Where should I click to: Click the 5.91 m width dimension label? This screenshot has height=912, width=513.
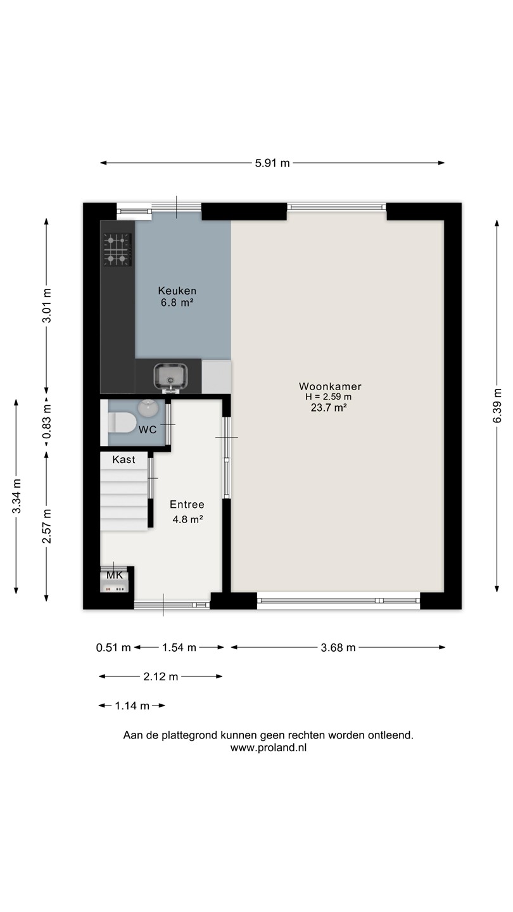coord(272,163)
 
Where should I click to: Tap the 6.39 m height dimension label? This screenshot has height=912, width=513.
coord(497,406)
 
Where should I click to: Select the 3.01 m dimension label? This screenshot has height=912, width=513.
coord(47,305)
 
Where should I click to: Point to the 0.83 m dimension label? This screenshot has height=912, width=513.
coord(47,421)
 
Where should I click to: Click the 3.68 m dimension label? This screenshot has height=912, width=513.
coord(338,648)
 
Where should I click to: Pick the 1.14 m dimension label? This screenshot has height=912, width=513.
coord(132,706)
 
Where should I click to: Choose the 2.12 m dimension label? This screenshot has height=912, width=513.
coord(160,676)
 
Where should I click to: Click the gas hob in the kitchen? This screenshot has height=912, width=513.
coord(118,250)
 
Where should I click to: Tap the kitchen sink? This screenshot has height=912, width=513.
coord(171,377)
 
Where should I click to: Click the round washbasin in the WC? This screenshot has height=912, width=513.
coord(148,408)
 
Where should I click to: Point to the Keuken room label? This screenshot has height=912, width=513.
coord(177,291)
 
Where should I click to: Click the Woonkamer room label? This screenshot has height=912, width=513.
coord(330,386)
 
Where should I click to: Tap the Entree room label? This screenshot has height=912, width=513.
coord(187,504)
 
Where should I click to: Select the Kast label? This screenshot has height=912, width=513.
coord(123,460)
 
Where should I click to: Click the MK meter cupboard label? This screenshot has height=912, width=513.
coord(115,576)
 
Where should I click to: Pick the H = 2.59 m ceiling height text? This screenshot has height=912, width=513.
coord(329,397)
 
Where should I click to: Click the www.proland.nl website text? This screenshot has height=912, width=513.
coord(269,748)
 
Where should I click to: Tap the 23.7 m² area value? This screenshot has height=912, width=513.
coord(329,408)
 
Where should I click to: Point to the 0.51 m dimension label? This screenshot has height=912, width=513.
coord(113,648)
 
